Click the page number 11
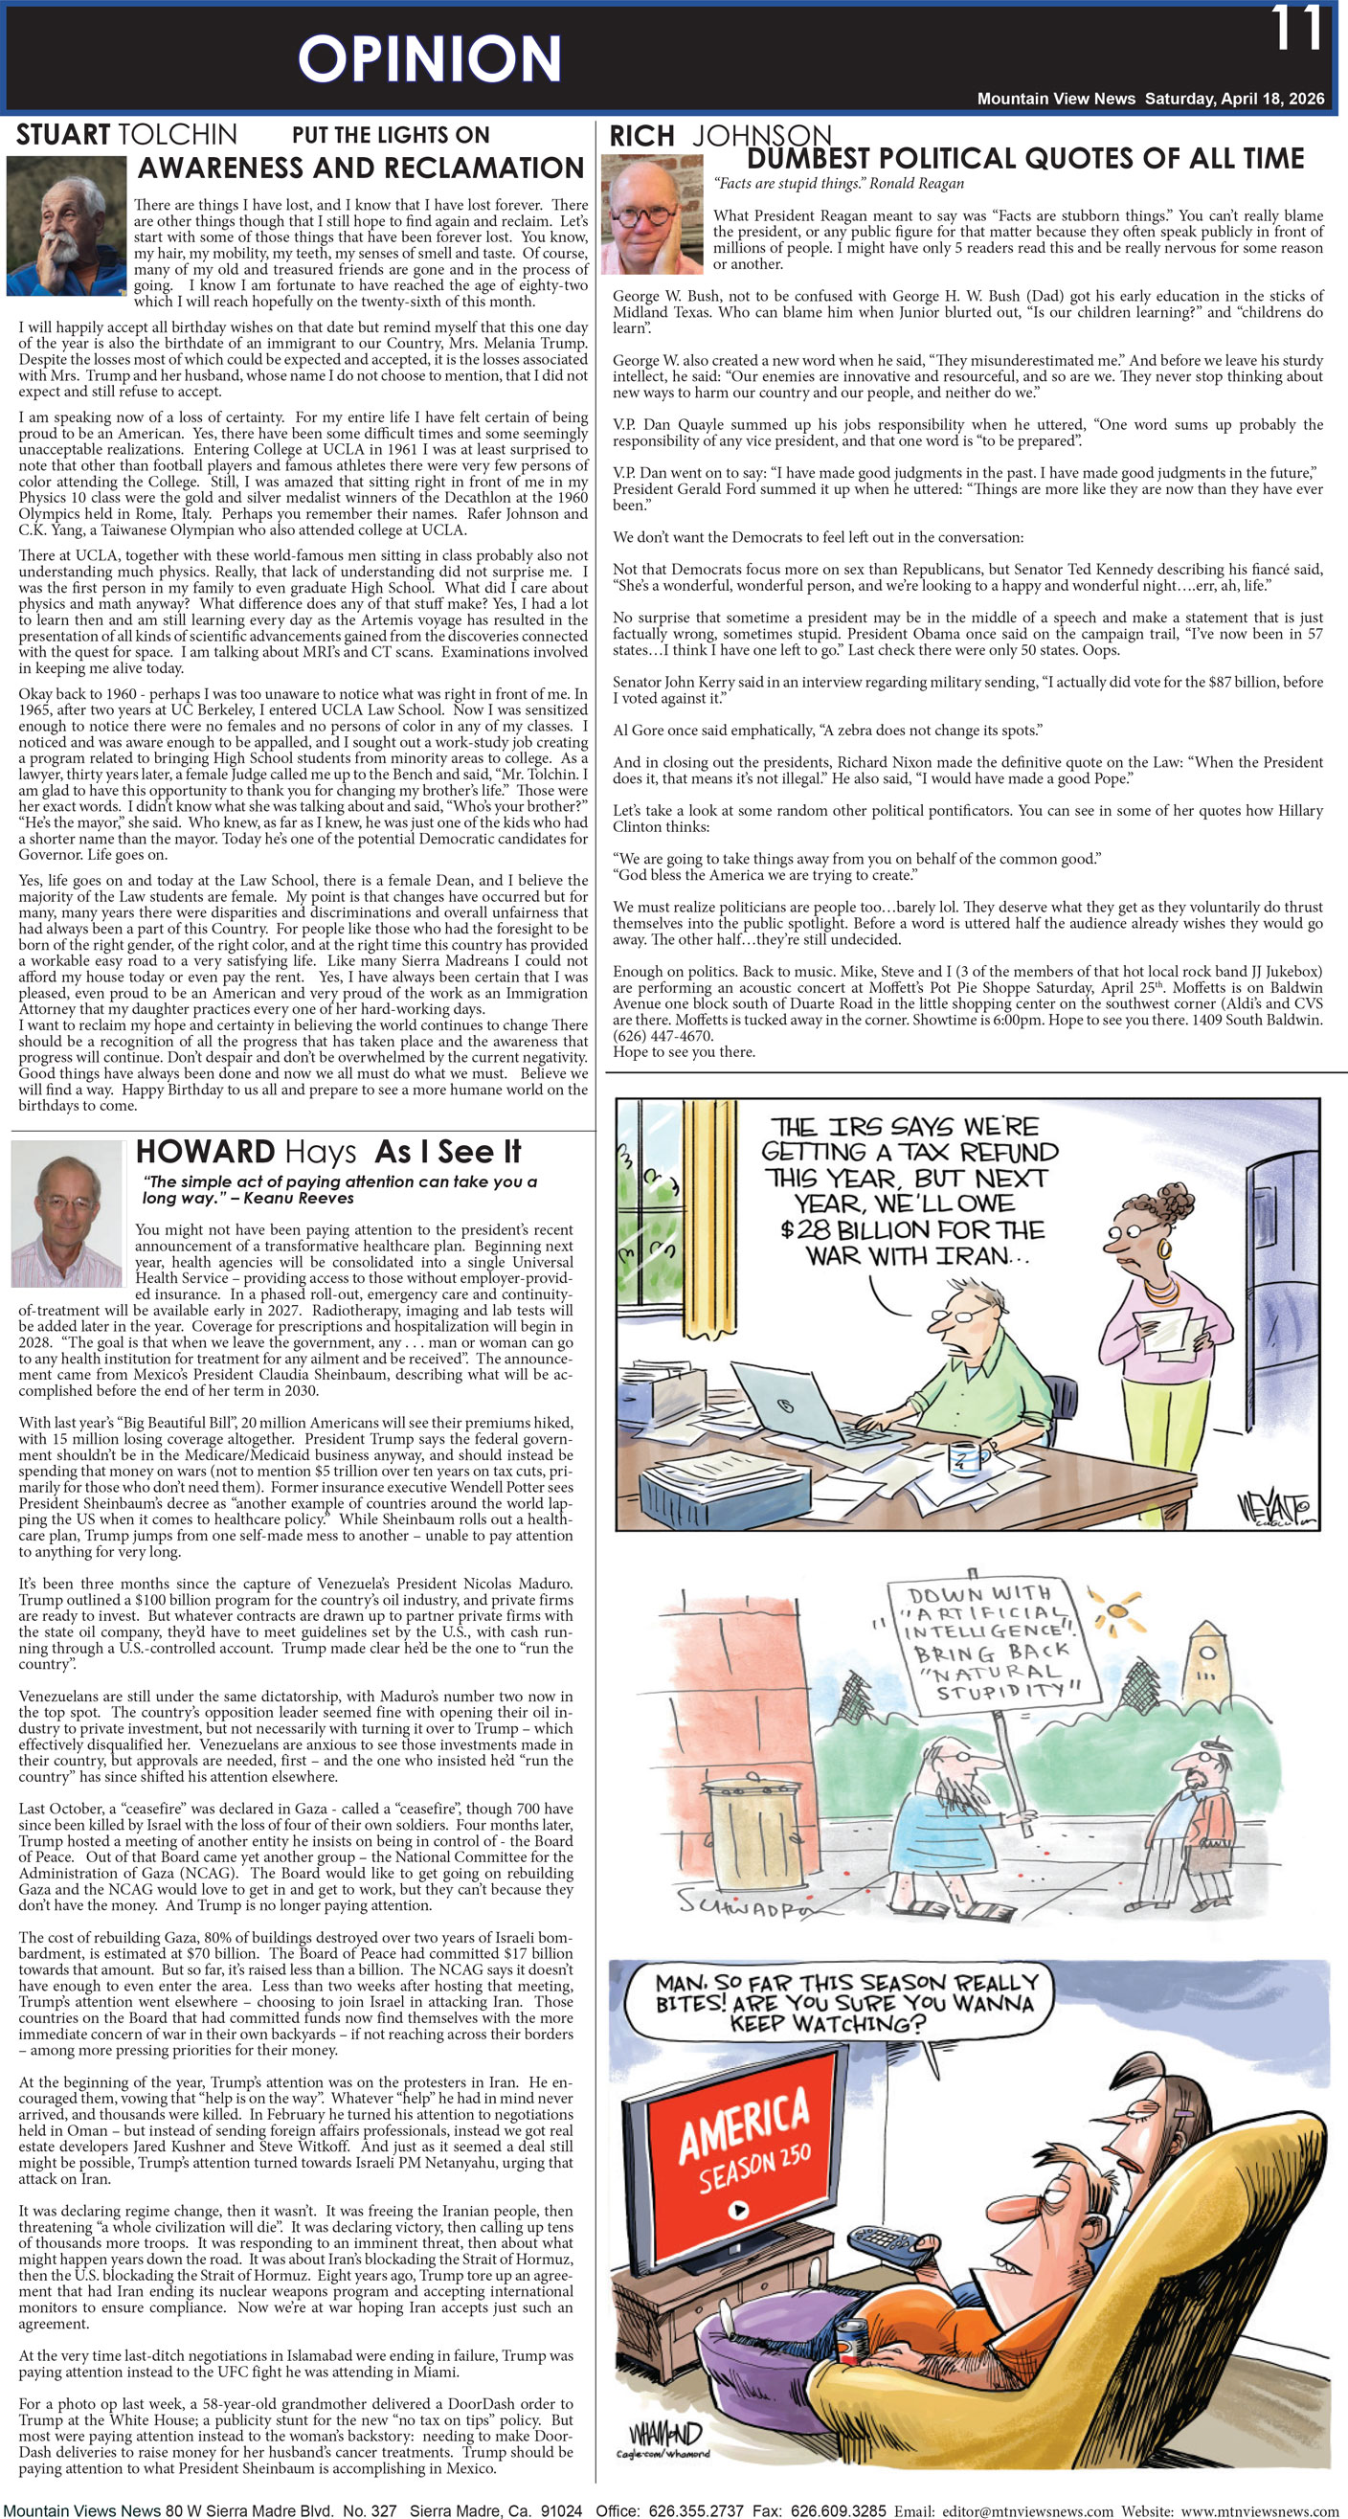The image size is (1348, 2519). [1296, 30]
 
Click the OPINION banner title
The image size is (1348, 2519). [429, 58]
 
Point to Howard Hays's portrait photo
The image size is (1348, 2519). [65, 1212]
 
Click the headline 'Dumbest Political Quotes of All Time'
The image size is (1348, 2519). [1024, 158]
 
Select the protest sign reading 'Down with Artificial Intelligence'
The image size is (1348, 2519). [987, 1644]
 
